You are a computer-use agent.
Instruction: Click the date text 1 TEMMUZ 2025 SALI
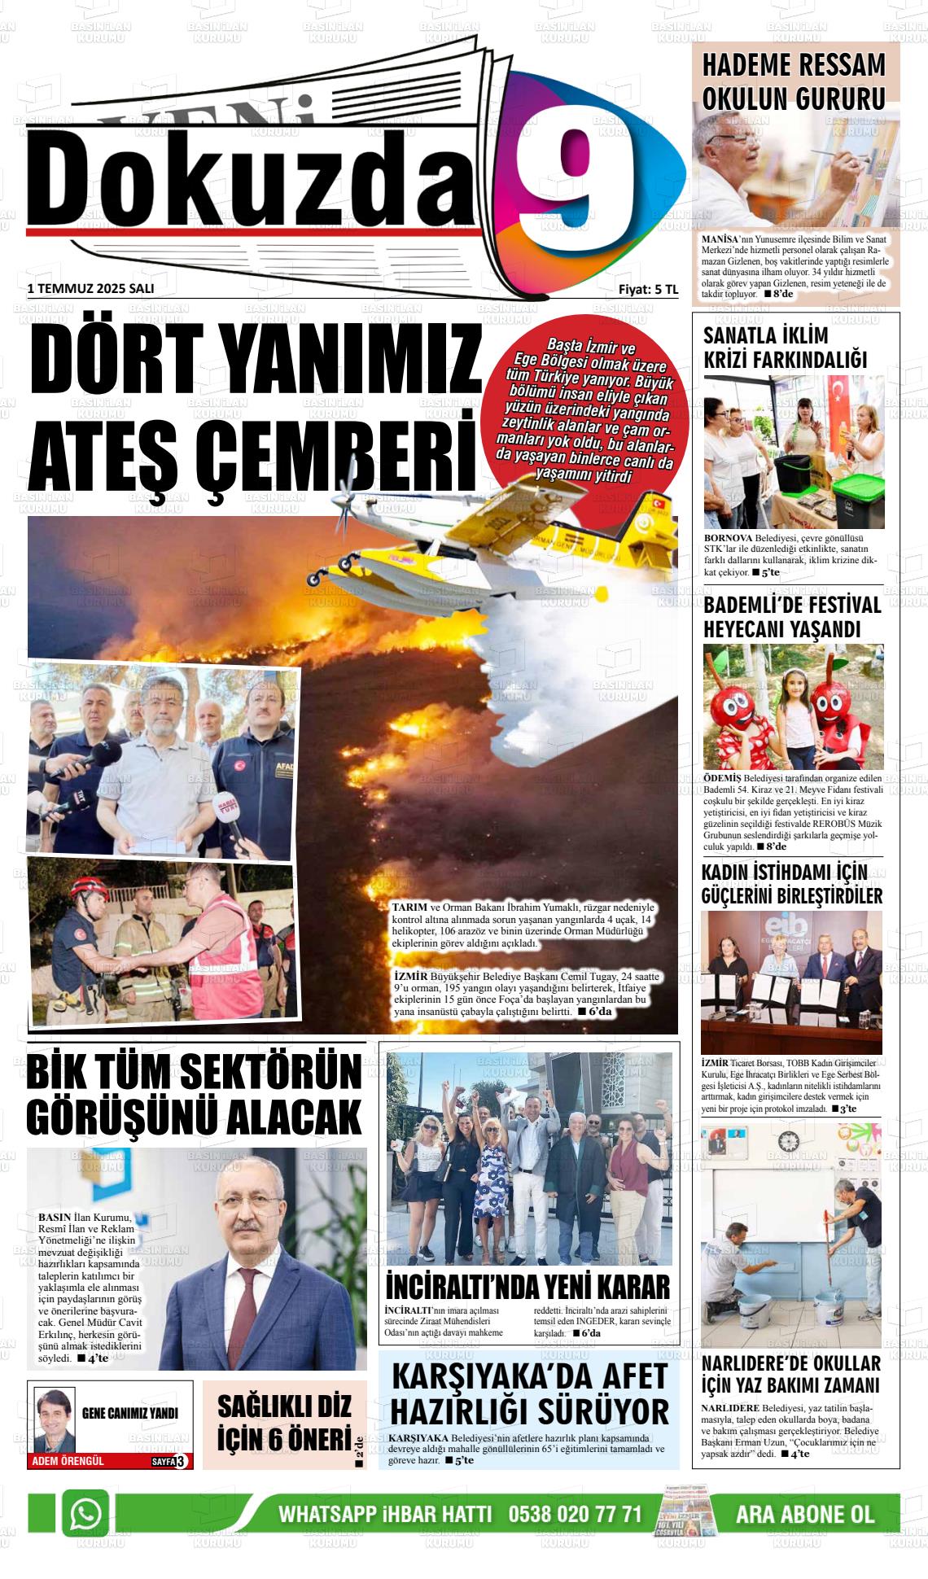pyautogui.click(x=90, y=289)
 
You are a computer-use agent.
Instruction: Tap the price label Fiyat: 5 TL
pyautogui.click(x=648, y=289)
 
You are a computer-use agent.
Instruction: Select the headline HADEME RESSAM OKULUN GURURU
pyautogui.click(x=793, y=81)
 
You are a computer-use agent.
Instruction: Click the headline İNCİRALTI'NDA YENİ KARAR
pyautogui.click(x=527, y=1287)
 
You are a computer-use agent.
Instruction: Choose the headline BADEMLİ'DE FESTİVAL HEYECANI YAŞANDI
pyautogui.click(x=792, y=617)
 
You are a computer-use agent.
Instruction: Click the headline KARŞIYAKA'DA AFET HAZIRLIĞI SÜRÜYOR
pyautogui.click(x=529, y=1393)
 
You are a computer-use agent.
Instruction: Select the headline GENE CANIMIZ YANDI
pyautogui.click(x=130, y=1414)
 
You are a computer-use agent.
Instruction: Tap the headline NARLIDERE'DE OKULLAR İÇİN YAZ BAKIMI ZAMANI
pyautogui.click(x=790, y=1374)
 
